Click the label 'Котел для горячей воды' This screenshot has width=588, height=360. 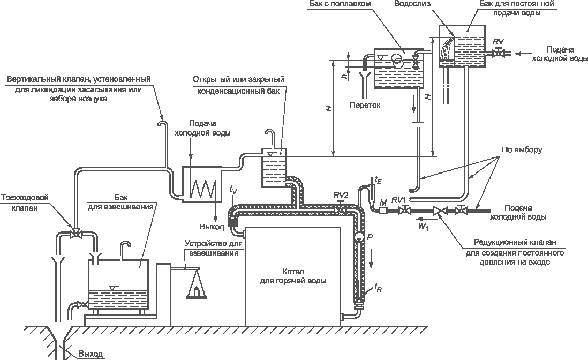point(293,276)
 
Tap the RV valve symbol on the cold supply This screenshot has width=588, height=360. point(499,53)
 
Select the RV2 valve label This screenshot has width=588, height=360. point(341,196)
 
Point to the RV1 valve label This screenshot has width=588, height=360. point(399,200)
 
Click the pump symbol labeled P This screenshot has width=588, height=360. point(358,237)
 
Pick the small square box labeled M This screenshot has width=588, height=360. point(383,211)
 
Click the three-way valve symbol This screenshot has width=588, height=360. point(77,235)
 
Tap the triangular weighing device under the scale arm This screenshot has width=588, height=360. point(196,284)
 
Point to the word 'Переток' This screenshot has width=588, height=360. point(365,106)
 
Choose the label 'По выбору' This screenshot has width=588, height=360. point(522,149)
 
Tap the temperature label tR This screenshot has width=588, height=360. point(378,288)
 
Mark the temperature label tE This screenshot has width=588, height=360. point(378,181)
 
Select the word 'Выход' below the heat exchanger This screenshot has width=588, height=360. point(212,227)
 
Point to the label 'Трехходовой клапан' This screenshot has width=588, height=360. point(25,202)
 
